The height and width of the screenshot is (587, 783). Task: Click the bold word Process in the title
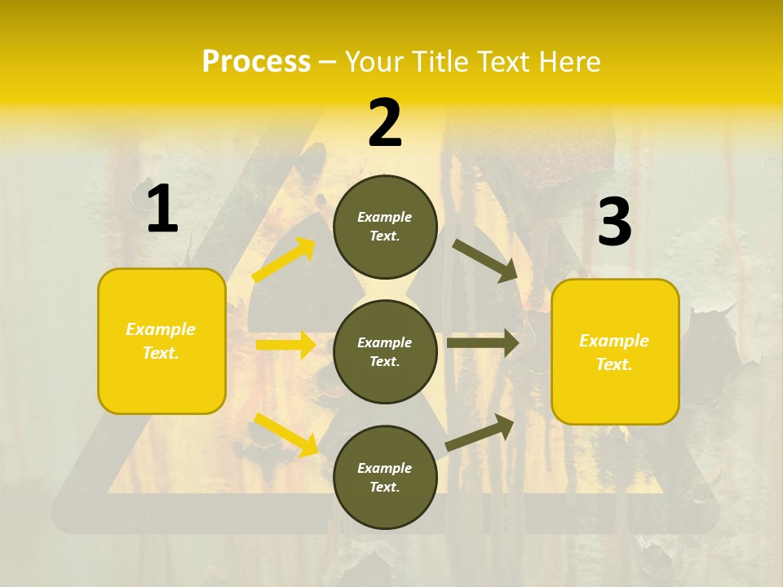(x=256, y=62)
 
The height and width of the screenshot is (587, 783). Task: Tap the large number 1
(x=162, y=210)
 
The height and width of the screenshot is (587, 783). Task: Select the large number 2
(x=385, y=123)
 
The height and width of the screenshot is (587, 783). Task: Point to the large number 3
(x=614, y=223)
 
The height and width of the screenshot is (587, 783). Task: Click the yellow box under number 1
(x=161, y=341)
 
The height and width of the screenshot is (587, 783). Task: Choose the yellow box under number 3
(x=615, y=352)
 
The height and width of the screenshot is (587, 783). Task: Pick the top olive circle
(x=385, y=227)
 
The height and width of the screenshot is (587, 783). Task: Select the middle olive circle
(x=385, y=351)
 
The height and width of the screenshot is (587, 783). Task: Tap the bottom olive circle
(x=385, y=477)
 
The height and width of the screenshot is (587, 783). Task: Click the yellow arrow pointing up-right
(x=284, y=260)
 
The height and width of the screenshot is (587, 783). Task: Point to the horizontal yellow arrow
(x=285, y=345)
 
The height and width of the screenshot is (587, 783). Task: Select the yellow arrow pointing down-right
(x=286, y=435)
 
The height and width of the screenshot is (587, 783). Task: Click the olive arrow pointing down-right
(x=485, y=260)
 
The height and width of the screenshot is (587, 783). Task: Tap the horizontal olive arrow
(x=483, y=342)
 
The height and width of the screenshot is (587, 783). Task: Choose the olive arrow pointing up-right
(x=480, y=432)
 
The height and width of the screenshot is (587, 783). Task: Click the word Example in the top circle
(x=385, y=217)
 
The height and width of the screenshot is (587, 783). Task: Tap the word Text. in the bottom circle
(x=385, y=487)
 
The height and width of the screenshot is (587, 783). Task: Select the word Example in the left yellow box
(x=161, y=329)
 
